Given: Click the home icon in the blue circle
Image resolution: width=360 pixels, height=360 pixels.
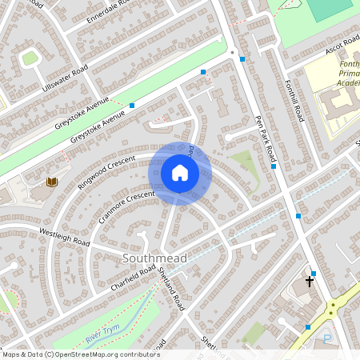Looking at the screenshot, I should click(180, 173).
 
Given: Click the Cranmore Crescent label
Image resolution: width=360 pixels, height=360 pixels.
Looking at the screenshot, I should click(126, 206).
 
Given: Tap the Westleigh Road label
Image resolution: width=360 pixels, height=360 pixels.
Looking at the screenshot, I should click(64, 236).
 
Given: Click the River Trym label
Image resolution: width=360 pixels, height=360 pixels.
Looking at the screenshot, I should click(102, 333).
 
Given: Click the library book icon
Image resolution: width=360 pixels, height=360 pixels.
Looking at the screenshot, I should click(52, 182).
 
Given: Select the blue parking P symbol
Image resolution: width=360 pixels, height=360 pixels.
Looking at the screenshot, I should click(326, 339).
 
